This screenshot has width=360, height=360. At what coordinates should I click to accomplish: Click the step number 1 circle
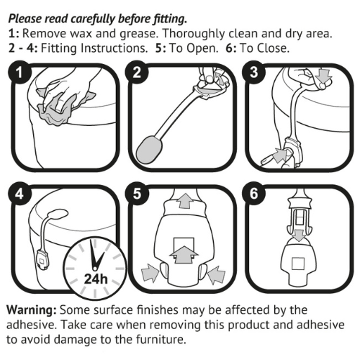pos(19,73)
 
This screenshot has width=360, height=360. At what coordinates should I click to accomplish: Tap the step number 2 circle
pos(137,73)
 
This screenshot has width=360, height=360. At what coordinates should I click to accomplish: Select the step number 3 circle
pos(253,73)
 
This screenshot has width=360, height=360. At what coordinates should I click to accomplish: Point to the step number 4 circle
pos(19,194)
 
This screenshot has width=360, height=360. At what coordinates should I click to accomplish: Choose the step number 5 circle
pos(137,194)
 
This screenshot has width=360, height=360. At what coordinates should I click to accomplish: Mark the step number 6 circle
pos(253,194)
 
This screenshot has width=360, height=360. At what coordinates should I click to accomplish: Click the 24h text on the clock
pos(96,279)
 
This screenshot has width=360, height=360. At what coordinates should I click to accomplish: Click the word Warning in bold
pos(32,310)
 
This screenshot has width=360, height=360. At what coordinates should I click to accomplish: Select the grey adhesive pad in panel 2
pos(149,149)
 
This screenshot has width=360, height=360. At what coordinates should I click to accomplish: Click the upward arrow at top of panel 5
pos(185,201)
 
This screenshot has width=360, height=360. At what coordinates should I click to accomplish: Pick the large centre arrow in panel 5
pos(184,254)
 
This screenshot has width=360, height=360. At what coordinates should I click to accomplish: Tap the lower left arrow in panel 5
pos(150,272)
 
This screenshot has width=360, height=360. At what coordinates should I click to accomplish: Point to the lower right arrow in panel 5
pos(217,274)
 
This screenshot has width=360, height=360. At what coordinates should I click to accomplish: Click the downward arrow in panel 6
pos(299,235)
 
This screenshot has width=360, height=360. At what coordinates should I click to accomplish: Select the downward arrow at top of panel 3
pos(323,76)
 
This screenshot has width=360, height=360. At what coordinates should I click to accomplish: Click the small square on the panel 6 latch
pos(298,264)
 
